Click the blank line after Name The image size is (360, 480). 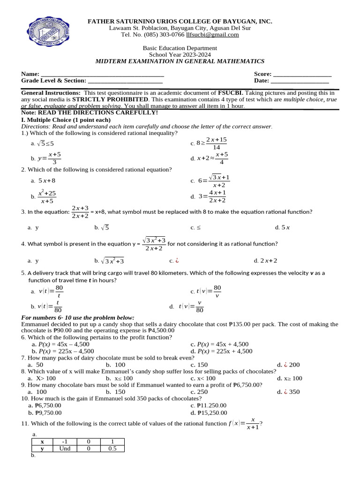[x=102, y=75]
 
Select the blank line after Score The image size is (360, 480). [x=302, y=75]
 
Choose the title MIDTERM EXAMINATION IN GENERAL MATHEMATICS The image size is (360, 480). [x=180, y=61]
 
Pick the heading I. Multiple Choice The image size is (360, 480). [x=66, y=120]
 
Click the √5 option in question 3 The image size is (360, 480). [x=105, y=228]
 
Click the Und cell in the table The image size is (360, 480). [x=65, y=449]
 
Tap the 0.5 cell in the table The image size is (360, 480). [x=112, y=449]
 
